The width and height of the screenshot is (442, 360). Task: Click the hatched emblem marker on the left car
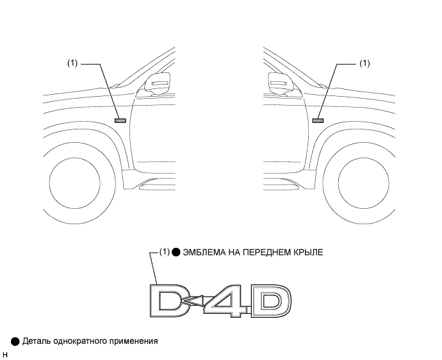coord(120,120)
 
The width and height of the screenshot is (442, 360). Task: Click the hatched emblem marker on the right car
coord(318,120)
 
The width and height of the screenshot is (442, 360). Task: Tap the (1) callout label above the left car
coord(72,63)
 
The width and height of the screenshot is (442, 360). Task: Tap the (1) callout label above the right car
coord(364,63)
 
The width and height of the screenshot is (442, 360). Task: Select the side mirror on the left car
coord(158,83)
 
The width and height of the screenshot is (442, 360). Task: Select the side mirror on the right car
coord(281,83)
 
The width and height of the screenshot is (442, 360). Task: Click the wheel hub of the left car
coord(74,183)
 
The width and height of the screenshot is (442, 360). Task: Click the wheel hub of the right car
coord(364,183)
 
